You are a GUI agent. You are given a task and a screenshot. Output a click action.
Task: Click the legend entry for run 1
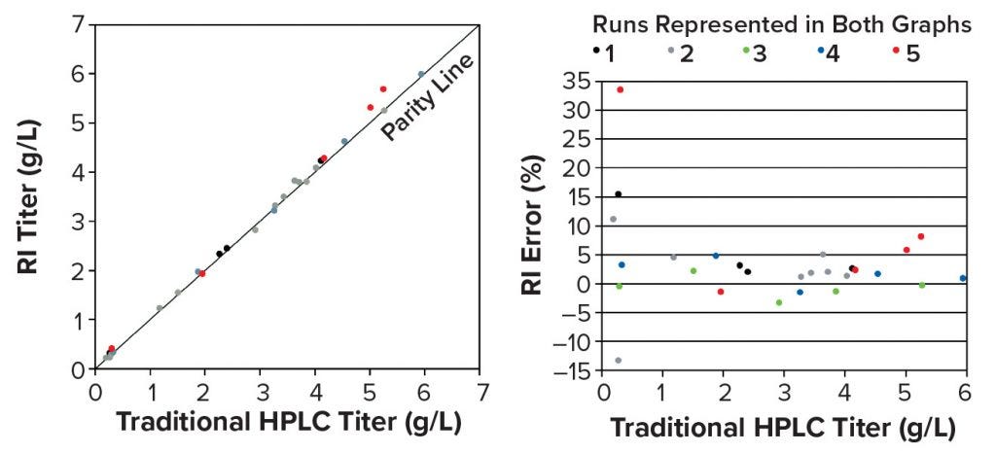coord(603,52)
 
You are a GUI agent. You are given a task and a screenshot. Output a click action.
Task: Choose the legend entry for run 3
coord(755,52)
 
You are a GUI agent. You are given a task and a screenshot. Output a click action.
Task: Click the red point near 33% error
coord(621,89)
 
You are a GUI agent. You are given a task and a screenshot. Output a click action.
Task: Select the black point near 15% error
coord(618,193)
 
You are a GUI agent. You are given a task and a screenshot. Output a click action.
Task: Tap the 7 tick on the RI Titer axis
coord(78,23)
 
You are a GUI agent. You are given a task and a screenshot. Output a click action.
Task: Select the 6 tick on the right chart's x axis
coord(965,393)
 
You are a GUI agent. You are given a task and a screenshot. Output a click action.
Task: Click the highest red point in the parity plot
coord(383,88)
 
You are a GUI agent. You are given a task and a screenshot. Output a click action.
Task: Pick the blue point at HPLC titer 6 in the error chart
coord(963,278)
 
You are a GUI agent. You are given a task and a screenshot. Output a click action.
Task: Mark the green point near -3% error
coord(778,302)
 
